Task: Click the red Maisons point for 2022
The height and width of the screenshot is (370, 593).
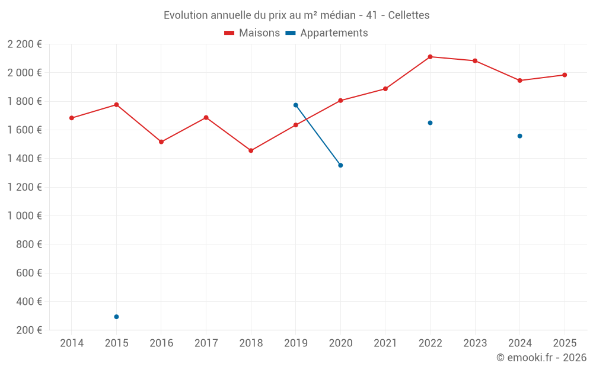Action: coord(430,57)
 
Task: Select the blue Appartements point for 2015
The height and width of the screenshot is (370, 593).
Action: coord(116,317)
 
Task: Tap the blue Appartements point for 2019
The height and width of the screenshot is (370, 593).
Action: coord(295,105)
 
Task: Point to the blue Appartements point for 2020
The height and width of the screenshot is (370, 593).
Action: coord(340,165)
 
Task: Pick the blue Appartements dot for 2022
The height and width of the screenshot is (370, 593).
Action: coord(430,123)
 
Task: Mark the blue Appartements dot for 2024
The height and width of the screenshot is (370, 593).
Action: coord(519,136)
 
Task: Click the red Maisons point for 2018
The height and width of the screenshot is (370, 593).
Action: coord(251,150)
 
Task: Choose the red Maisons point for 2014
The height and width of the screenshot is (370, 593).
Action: coord(72,118)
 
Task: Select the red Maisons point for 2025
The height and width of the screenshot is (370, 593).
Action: coord(565,75)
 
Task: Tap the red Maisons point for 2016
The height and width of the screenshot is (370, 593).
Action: coord(161,142)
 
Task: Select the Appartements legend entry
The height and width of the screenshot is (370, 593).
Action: coord(327,33)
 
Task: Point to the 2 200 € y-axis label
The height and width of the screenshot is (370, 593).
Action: coord(25,44)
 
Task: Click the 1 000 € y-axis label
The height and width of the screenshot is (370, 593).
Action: coord(25,216)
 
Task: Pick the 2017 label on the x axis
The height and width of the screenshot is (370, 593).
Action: coord(206,343)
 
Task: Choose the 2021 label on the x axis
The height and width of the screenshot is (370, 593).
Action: coord(385,343)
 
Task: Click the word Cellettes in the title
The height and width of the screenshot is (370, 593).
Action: coord(409,15)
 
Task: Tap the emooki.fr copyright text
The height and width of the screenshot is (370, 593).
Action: coord(541,358)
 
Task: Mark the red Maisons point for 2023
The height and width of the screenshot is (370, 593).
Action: coord(475,61)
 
